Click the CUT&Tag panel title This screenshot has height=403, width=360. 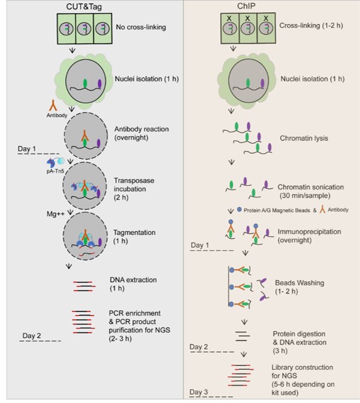coord(84,7)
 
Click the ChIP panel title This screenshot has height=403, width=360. coord(246,6)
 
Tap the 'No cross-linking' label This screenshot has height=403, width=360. coord(141,27)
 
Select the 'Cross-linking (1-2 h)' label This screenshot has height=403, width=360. coord(311,25)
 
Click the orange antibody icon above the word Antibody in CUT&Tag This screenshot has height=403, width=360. coord(53,105)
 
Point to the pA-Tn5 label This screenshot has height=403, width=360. coord(55,171)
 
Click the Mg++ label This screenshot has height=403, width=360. coord(55,214)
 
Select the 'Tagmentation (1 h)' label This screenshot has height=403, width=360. coord(134,237)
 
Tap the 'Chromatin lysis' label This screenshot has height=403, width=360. coord(304,138)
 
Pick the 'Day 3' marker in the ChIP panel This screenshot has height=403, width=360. coord(199,392)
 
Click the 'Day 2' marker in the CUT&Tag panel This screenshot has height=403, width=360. coord(31,336)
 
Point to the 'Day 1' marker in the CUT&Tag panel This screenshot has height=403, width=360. coord(27,149)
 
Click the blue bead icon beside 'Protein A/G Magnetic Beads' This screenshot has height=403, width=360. coord(239,210)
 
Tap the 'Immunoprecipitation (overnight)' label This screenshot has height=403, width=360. coord(309,236)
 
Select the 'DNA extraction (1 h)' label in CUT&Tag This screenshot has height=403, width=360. coord(133,284)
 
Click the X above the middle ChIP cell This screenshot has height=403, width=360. coord(247,18)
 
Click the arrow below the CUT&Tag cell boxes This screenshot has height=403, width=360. coord(72,50)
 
